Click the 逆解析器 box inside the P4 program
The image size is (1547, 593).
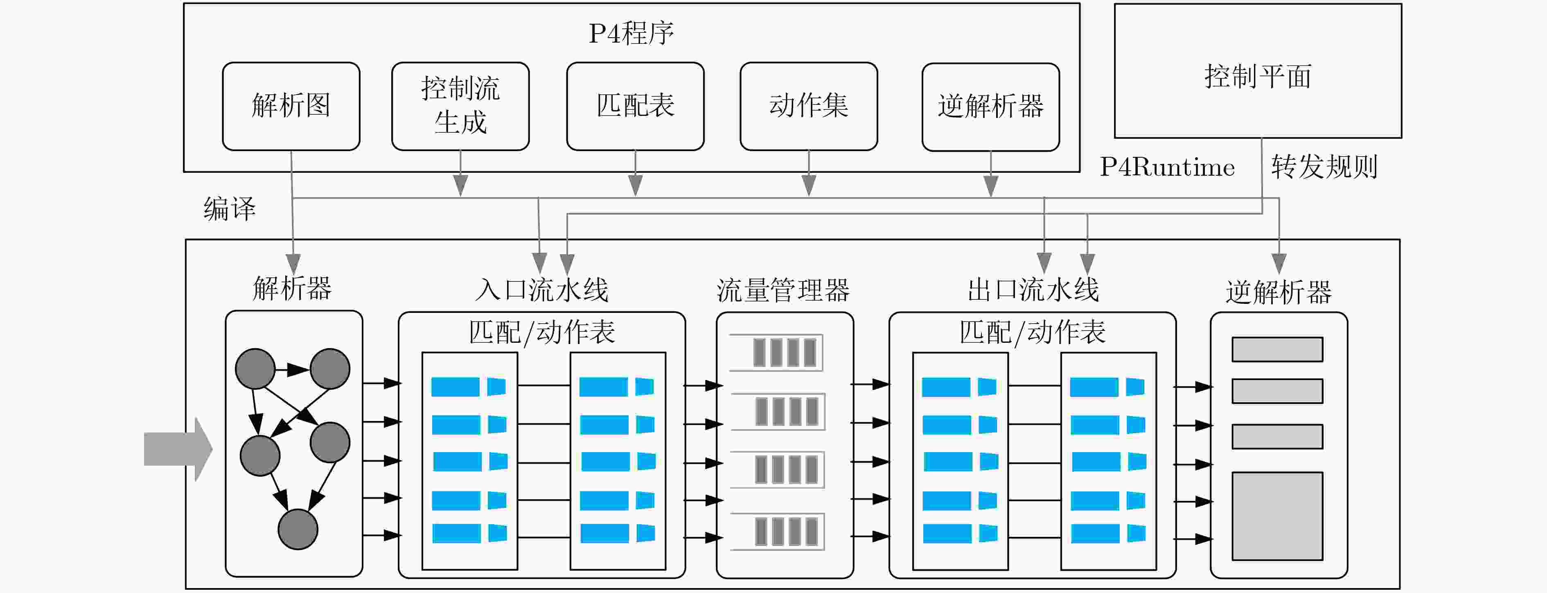pos(990,106)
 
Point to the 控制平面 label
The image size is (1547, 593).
pos(1258,76)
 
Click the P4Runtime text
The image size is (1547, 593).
pos(1167,167)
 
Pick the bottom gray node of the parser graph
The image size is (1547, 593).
pos(298,529)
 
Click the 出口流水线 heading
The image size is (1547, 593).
pos(1033,290)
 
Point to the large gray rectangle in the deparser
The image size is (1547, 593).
pos(1277,516)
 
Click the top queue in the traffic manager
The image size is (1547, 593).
pos(776,353)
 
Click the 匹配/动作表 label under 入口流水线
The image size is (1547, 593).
pos(542,332)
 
